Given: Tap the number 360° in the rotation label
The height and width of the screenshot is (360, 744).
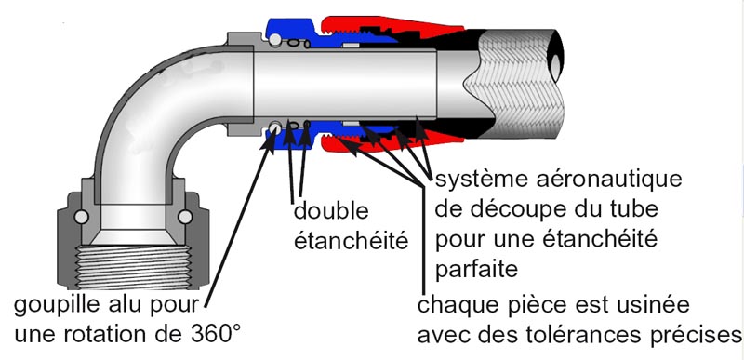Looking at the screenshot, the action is coord(212,334).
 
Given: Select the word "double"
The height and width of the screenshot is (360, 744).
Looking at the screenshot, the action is coord(331,211).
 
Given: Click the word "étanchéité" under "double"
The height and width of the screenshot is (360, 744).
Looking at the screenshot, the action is coord(352,240).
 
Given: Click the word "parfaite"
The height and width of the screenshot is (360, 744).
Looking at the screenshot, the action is coord(477,270).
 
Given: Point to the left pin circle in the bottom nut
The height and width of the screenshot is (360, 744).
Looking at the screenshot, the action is coord(81,217).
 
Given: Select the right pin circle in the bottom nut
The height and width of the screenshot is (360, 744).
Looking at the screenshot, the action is coord(184,217).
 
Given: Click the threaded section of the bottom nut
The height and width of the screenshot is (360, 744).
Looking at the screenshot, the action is coord(133,268).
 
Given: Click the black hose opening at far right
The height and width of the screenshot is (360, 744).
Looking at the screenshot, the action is coord(556,56).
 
